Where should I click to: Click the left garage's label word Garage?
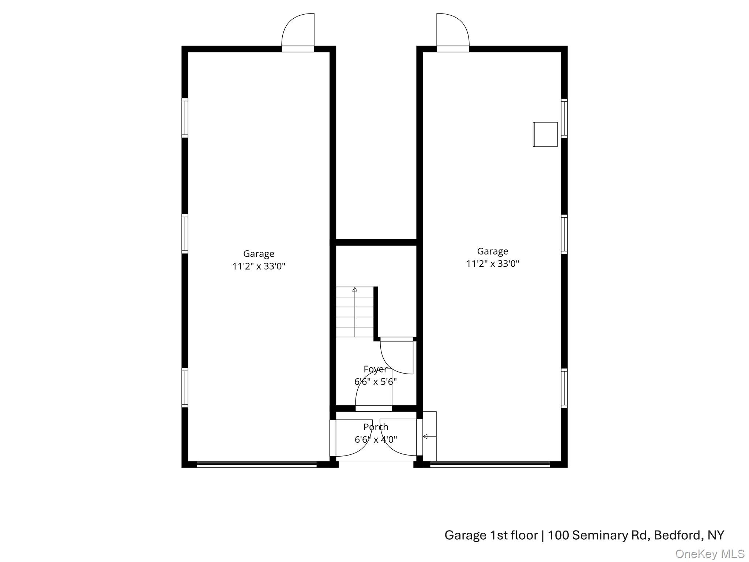(259, 254)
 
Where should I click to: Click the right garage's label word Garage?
(492, 251)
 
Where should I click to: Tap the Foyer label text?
(375, 369)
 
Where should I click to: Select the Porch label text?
(376, 427)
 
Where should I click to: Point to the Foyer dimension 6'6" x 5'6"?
(375, 382)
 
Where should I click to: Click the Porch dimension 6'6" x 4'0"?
(376, 439)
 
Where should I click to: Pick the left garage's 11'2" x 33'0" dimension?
(259, 266)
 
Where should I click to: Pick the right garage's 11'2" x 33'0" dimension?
(492, 263)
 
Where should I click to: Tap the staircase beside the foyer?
(355, 312)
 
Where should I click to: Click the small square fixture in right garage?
(545, 134)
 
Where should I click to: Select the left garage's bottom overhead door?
(257, 464)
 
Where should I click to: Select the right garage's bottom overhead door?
(490, 464)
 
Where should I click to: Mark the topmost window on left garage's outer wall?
(185, 118)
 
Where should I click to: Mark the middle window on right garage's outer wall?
(564, 234)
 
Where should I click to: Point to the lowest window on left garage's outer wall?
(185, 387)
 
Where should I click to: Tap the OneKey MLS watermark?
(710, 554)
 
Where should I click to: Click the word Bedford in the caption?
(677, 535)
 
